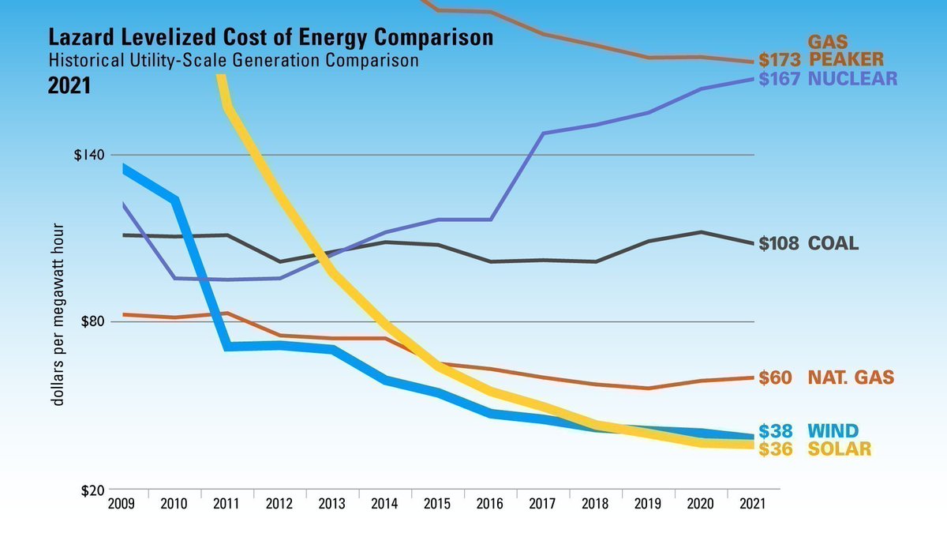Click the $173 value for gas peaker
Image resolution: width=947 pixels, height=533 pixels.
pyautogui.click(x=780, y=60)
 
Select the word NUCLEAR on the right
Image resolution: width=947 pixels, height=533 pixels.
pyautogui.click(x=853, y=79)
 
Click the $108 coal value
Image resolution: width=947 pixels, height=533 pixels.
pyautogui.click(x=779, y=244)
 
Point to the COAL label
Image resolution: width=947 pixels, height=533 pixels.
pyautogui.click(x=833, y=244)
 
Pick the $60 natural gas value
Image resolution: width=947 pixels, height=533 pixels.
pyautogui.click(x=775, y=378)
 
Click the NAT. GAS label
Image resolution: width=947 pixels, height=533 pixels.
pyautogui.click(x=851, y=378)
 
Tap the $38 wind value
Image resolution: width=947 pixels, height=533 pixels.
pyautogui.click(x=775, y=431)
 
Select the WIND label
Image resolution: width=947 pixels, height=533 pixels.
pyautogui.click(x=833, y=431)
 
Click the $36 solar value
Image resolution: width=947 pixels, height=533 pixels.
pyautogui.click(x=775, y=449)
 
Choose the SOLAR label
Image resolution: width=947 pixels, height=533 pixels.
pyautogui.click(x=840, y=449)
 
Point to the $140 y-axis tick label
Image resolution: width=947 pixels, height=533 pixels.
pyautogui.click(x=89, y=155)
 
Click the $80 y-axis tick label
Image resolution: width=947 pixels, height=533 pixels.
pyautogui.click(x=93, y=321)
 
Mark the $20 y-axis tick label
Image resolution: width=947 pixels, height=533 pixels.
pyautogui.click(x=93, y=490)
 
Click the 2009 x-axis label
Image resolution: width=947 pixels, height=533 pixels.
pyautogui.click(x=122, y=504)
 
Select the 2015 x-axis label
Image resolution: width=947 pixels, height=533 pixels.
pyautogui.click(x=438, y=504)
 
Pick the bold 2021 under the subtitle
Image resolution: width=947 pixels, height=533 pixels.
pyautogui.click(x=69, y=85)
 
